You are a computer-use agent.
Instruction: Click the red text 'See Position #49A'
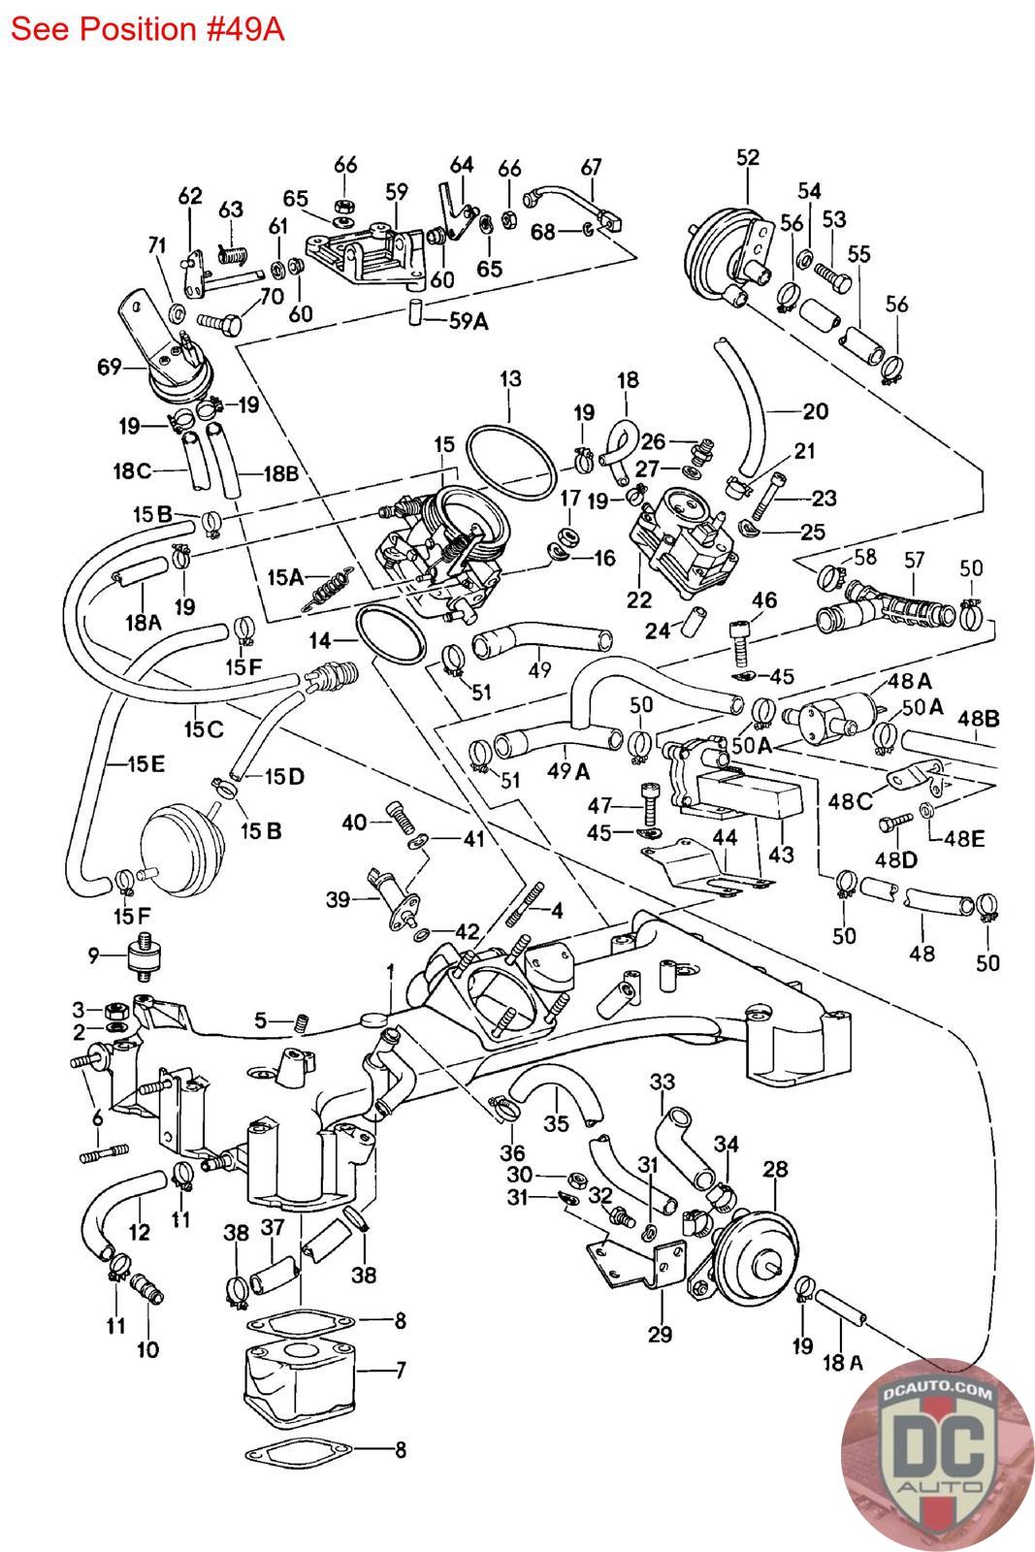[x=146, y=29]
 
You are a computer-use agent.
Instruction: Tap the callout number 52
[x=748, y=157]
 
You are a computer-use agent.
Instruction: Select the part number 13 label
[x=510, y=378]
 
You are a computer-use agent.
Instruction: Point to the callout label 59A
[x=468, y=321]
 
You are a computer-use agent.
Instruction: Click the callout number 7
[x=401, y=1370]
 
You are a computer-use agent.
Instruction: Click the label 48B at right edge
[x=978, y=719]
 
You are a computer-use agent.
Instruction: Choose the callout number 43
[x=780, y=855]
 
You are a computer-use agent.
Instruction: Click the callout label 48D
[x=897, y=859]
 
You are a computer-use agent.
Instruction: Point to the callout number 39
[x=339, y=900]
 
